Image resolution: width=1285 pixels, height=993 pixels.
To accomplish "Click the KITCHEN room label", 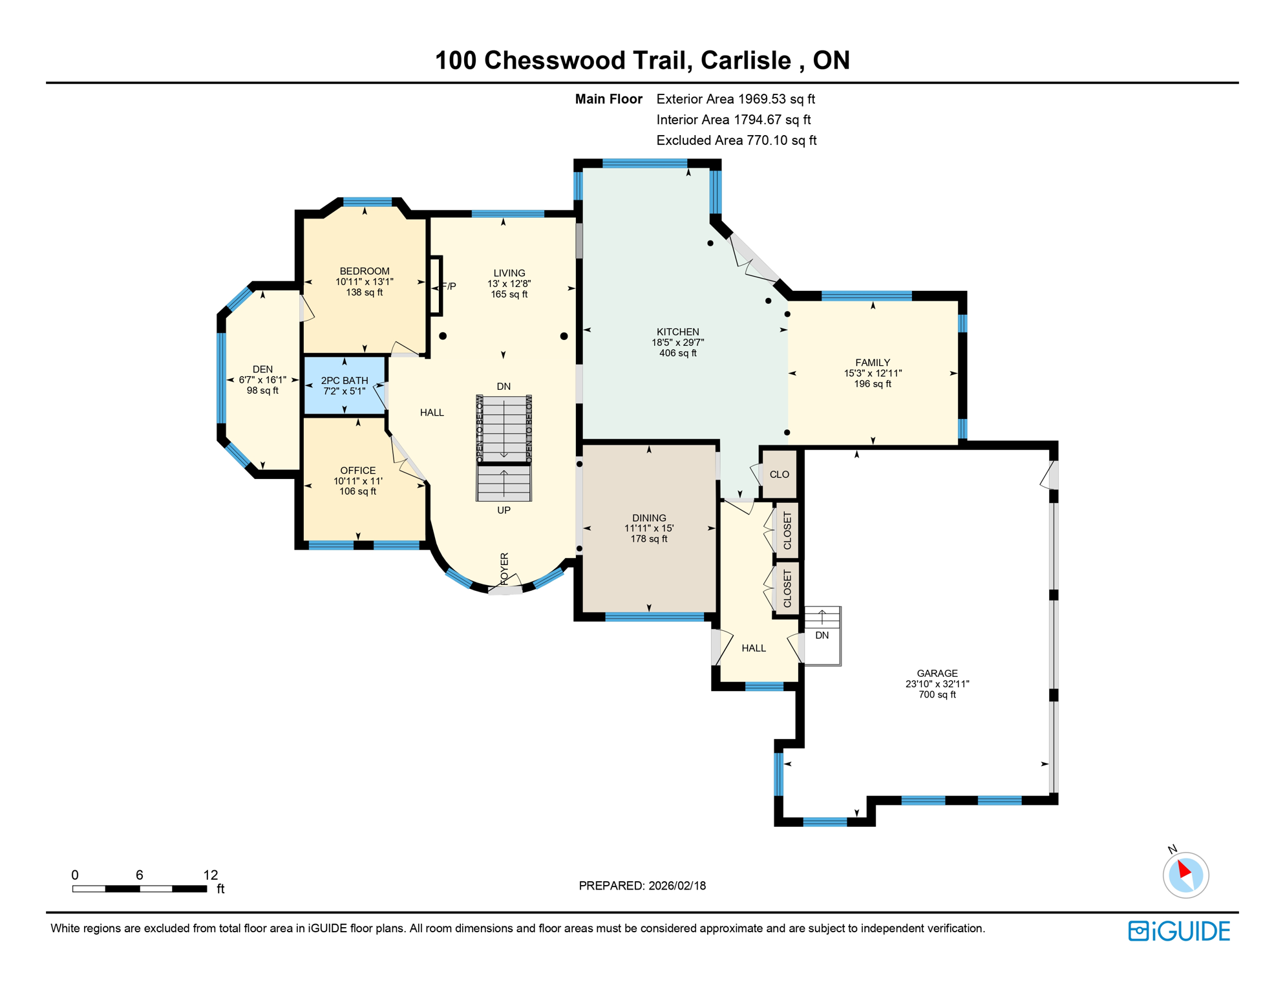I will click(x=677, y=332).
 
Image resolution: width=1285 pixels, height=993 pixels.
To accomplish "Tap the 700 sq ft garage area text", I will click(x=937, y=694).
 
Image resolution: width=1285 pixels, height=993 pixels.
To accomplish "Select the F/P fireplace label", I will click(x=449, y=286).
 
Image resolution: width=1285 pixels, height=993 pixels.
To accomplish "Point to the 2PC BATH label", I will click(x=345, y=381).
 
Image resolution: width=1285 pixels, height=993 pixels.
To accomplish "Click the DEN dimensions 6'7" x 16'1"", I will click(x=262, y=380).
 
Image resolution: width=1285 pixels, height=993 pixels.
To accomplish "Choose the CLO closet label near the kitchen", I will click(x=779, y=475).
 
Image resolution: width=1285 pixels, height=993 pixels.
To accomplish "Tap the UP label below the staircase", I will click(x=504, y=510).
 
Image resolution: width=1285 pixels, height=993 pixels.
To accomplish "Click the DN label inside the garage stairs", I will click(x=822, y=635).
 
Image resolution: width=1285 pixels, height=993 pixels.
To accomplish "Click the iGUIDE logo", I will click(x=1179, y=931).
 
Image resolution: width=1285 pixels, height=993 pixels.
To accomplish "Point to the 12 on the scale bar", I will click(x=211, y=875).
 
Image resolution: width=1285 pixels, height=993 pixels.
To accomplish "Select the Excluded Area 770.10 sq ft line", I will click(x=736, y=140).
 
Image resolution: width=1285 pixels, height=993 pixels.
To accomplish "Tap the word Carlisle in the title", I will click(x=745, y=60).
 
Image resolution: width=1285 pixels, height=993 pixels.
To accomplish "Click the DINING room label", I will click(x=649, y=518).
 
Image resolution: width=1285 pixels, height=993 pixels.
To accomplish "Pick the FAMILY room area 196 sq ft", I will click(x=872, y=384).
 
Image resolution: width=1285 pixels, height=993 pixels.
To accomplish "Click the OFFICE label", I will click(x=357, y=471).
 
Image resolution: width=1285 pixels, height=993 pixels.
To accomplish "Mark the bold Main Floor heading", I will click(x=608, y=99).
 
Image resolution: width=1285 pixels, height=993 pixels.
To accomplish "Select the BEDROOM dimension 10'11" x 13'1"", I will click(x=364, y=282).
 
